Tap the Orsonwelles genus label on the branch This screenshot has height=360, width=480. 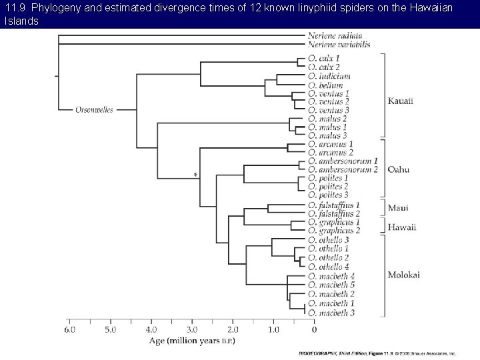(x=93, y=109)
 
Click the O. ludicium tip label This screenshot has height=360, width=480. (x=329, y=77)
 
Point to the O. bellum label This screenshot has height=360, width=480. (x=326, y=85)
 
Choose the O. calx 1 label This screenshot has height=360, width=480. (x=324, y=59)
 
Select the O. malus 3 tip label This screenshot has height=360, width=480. (x=328, y=135)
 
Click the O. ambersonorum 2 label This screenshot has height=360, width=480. (x=343, y=169)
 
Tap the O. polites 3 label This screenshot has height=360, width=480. (x=329, y=195)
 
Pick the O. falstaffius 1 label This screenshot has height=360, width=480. (x=334, y=205)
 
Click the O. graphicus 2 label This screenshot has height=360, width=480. (x=334, y=230)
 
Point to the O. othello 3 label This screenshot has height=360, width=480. (x=329, y=239)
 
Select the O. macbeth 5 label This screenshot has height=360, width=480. (x=331, y=285)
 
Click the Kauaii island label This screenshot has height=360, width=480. (x=401, y=101)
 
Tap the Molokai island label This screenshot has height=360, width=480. (x=403, y=275)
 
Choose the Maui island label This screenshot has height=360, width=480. (x=398, y=208)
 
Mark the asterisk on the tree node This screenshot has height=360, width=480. (x=195, y=175)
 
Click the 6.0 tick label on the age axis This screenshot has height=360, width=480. (x=69, y=329)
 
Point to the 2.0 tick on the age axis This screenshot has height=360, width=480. (x=233, y=329)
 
